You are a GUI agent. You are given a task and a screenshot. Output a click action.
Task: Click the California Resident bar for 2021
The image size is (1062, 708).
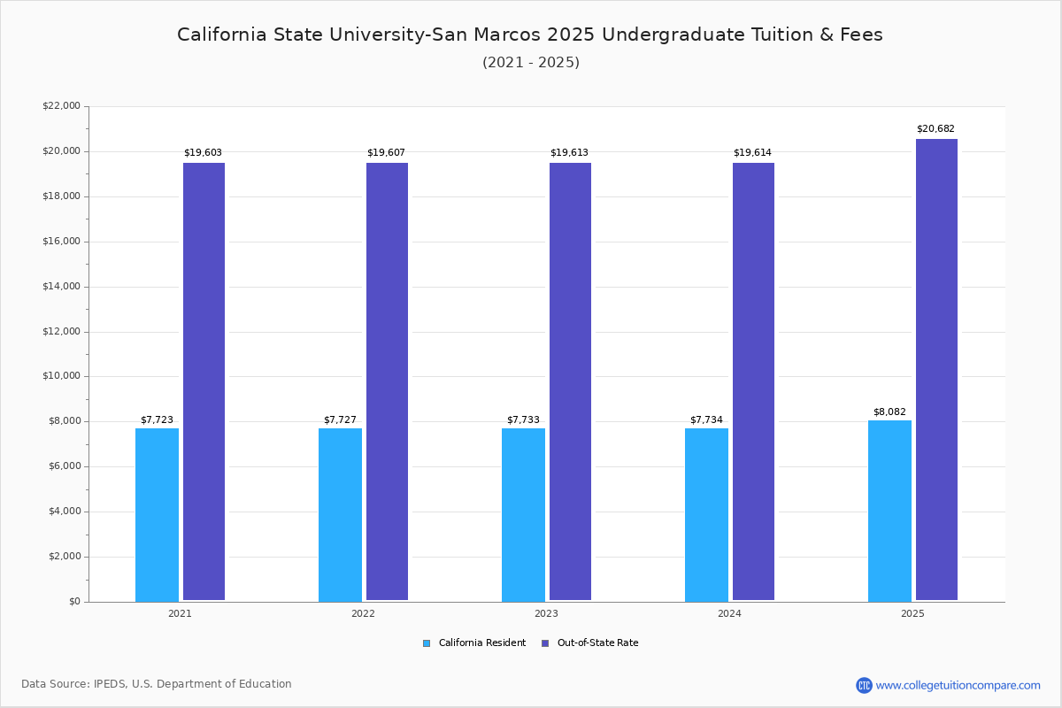tap(157, 515)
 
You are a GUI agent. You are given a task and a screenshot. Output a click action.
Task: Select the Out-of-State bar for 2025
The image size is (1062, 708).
tap(936, 370)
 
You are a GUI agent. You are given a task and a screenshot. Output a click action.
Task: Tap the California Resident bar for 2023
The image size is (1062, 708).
tap(523, 515)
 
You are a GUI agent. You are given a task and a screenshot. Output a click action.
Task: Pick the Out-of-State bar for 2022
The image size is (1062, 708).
tap(387, 381)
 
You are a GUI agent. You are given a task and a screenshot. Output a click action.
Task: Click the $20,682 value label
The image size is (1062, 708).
tap(935, 129)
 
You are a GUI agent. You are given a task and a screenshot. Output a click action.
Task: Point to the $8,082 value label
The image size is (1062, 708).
tap(889, 412)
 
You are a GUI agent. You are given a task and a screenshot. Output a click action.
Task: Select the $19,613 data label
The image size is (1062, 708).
tap(569, 153)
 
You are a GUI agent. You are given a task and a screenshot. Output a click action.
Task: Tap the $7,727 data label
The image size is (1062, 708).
tap(340, 420)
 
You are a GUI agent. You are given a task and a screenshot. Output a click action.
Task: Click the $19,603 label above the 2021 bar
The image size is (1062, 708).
tap(203, 153)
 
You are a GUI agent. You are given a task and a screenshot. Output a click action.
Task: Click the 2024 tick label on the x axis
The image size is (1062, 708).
tap(729, 613)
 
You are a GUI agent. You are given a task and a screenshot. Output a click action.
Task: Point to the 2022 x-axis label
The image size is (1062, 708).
tap(363, 613)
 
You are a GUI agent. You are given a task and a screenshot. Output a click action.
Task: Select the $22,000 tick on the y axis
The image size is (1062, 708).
tap(61, 106)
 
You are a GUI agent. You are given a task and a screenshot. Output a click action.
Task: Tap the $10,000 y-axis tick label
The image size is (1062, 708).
tap(61, 376)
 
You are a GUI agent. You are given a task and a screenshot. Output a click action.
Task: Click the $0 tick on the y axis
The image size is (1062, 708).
tap(73, 602)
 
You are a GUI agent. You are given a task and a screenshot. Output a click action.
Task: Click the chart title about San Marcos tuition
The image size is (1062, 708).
tap(530, 35)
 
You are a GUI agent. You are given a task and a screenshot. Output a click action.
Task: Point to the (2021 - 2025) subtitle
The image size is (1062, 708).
tap(531, 63)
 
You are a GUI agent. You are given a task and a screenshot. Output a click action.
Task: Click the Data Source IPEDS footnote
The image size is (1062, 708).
tap(157, 684)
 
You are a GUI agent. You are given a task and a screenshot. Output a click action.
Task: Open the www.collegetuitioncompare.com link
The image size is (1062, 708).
tap(958, 685)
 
